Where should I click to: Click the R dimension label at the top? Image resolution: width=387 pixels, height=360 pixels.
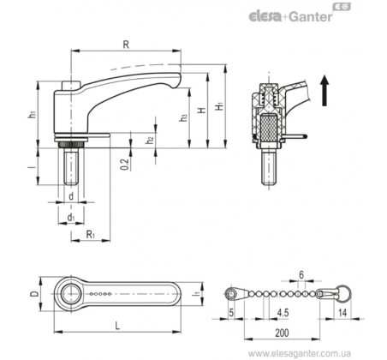pyautogui.click(x=126, y=45)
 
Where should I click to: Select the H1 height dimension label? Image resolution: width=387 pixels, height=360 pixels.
pyautogui.click(x=219, y=106)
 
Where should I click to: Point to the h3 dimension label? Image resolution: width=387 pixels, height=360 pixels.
pyautogui.click(x=183, y=117)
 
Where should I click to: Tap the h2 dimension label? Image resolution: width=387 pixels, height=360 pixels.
pyautogui.click(x=150, y=140)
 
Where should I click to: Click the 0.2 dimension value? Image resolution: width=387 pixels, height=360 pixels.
pyautogui.click(x=125, y=164)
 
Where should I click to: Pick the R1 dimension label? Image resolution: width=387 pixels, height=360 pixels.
pyautogui.click(x=91, y=235)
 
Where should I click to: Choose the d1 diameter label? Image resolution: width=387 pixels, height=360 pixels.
pyautogui.click(x=71, y=218)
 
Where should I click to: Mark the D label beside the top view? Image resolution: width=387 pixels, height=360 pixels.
pyautogui.click(x=34, y=294)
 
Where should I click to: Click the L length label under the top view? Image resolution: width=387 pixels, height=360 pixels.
pyautogui.click(x=117, y=326)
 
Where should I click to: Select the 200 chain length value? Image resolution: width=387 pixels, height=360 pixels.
pyautogui.click(x=282, y=333)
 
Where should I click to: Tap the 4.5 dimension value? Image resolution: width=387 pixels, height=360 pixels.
pyautogui.click(x=283, y=313)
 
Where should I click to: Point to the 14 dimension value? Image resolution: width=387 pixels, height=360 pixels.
pyautogui.click(x=342, y=313)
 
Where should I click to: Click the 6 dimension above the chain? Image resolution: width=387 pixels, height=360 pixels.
pyautogui.click(x=301, y=275)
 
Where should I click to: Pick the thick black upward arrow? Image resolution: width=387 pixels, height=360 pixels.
pyautogui.click(x=324, y=90)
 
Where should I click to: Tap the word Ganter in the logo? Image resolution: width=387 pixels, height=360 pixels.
pyautogui.click(x=311, y=16)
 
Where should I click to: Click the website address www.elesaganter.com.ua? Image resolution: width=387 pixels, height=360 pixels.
pyautogui.click(x=300, y=353)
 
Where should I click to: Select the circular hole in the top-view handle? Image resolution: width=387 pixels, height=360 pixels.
pyautogui.click(x=69, y=294)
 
